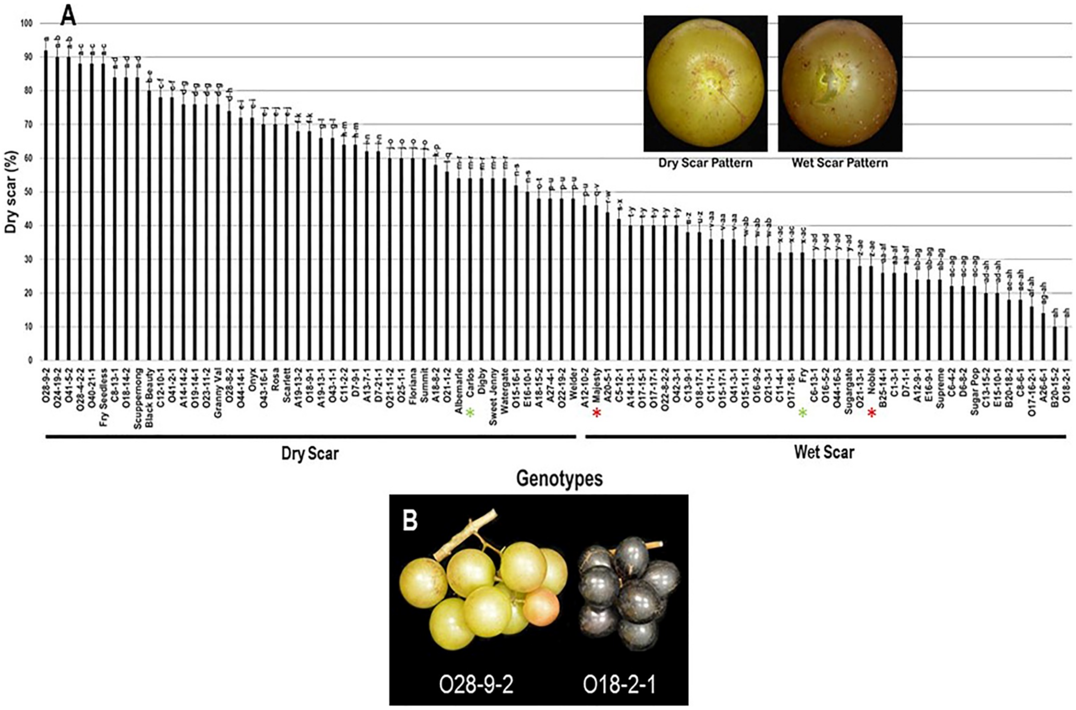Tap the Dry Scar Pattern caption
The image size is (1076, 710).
[x=705, y=163]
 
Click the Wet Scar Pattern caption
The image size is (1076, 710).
[x=840, y=163]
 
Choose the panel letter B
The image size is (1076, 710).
[x=410, y=521]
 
